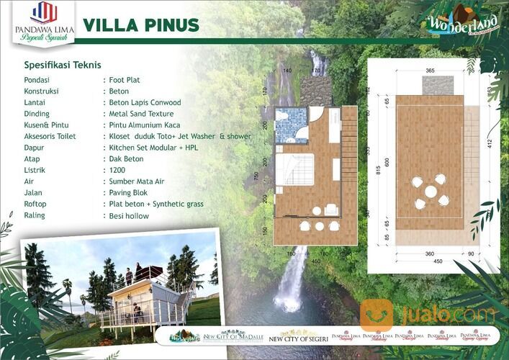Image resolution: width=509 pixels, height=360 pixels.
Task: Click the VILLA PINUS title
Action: tap(140, 24)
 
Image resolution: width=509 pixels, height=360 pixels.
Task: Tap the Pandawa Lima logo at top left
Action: tap(45, 19)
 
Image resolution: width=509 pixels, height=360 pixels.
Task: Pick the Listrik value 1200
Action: tap(117, 170)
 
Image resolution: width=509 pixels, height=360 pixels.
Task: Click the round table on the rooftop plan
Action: tap(430, 192)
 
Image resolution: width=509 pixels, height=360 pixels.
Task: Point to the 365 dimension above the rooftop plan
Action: tap(430, 71)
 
